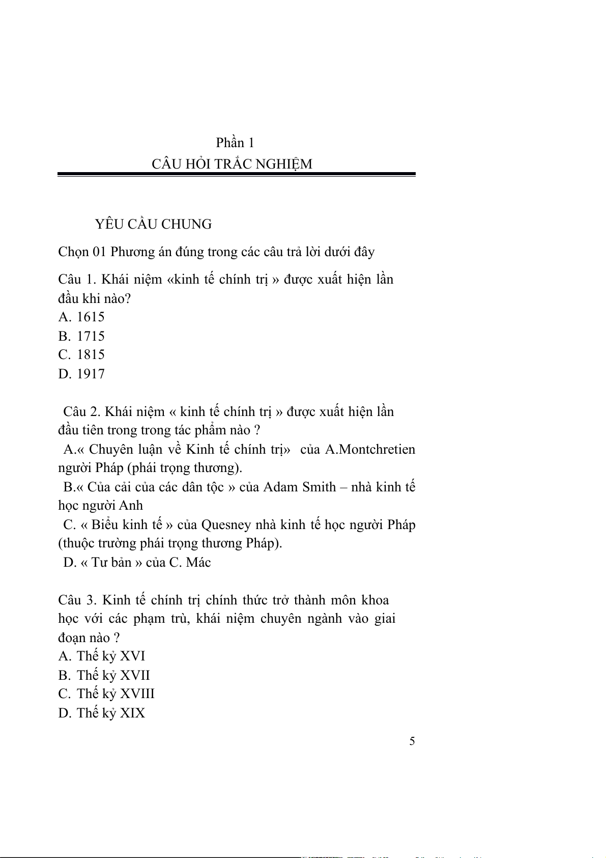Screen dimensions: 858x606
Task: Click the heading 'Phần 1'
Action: click(x=235, y=143)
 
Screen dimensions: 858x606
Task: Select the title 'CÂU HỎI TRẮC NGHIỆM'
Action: click(x=232, y=164)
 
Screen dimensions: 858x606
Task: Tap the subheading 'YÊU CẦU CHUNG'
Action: click(x=153, y=224)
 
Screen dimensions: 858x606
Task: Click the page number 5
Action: click(x=412, y=741)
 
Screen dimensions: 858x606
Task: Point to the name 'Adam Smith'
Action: click(x=299, y=487)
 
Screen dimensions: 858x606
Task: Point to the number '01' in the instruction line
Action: click(x=99, y=252)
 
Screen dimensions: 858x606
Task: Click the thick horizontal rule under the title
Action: click(x=236, y=174)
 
